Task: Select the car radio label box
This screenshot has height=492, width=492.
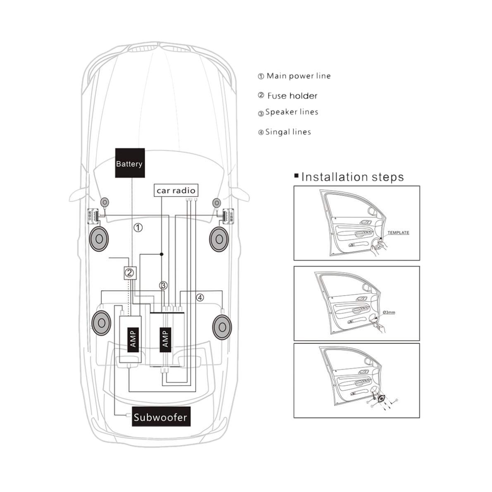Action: click(175, 190)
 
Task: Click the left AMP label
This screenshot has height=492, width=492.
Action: click(134, 338)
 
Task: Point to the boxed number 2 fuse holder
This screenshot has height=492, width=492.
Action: click(129, 272)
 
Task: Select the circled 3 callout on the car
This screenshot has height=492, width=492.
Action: click(164, 285)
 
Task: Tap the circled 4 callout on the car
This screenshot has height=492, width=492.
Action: click(200, 297)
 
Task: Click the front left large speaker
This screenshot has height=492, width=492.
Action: click(99, 239)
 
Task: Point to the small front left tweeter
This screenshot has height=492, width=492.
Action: click(105, 202)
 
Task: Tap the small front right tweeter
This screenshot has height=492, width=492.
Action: click(216, 203)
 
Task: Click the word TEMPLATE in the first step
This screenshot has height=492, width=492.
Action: click(398, 233)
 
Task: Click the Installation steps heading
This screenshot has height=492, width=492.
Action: click(352, 177)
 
